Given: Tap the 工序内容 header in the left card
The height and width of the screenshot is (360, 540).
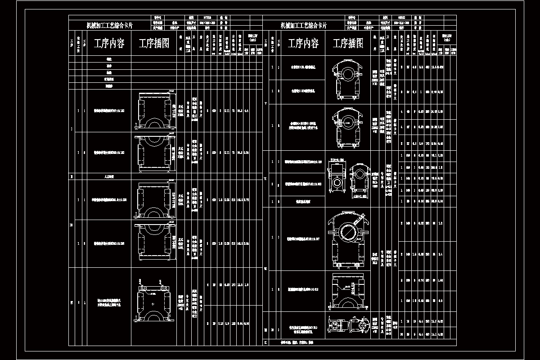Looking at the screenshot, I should click(109, 44).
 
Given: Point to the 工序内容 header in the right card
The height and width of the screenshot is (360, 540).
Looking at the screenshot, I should click(303, 44).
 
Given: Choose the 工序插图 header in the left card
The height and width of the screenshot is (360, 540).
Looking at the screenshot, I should click(154, 44).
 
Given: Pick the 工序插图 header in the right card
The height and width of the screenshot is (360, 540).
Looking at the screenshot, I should click(348, 44).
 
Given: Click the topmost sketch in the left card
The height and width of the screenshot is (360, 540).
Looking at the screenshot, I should click(154, 111).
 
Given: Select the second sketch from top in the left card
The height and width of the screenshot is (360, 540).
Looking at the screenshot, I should click(154, 153).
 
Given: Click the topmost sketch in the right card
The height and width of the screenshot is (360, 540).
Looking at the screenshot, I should click(347, 79).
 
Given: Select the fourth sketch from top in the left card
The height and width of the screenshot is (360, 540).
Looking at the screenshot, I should click(154, 243).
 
